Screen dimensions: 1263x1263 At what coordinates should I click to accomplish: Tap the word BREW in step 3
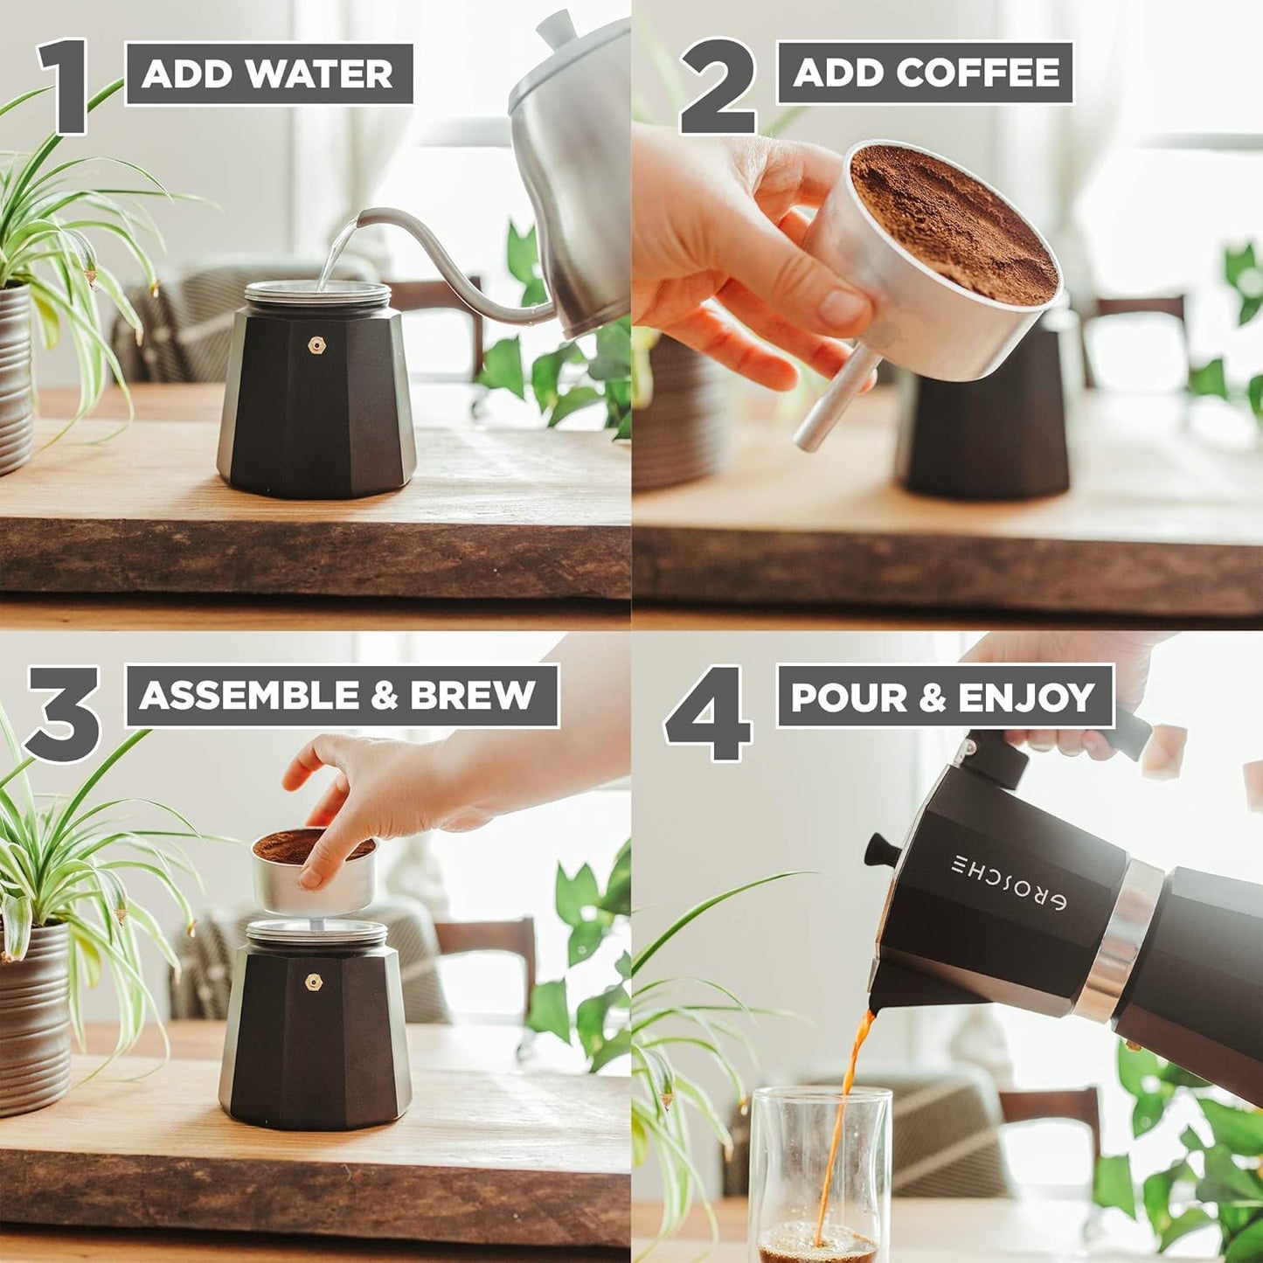pos(473,696)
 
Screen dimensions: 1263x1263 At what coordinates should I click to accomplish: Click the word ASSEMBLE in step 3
pos(250,696)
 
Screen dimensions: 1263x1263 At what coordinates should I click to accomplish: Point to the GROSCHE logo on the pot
pos(1008,883)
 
